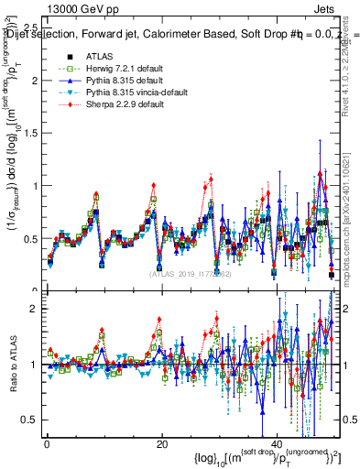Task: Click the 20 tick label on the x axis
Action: point(162,444)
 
